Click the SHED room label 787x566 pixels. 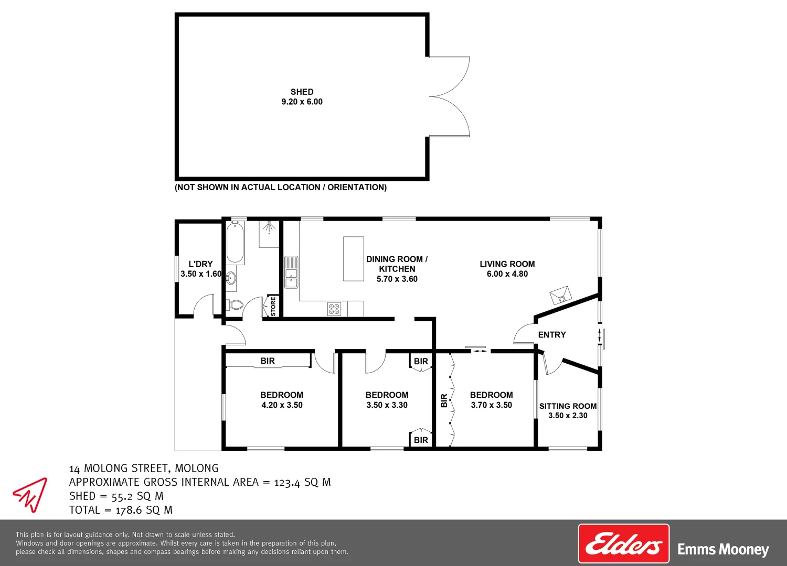pyautogui.click(x=302, y=92)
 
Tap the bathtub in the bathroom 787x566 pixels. pyautogui.click(x=235, y=243)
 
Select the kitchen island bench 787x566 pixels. pyautogui.click(x=354, y=259)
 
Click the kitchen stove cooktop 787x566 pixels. pyautogui.click(x=334, y=309)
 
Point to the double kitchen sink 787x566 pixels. pyautogui.click(x=291, y=272)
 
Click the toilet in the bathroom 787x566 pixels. pyautogui.click(x=235, y=305)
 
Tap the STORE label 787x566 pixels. pyautogui.click(x=273, y=307)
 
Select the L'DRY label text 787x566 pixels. pyautogui.click(x=200, y=264)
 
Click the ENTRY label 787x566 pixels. pyautogui.click(x=552, y=335)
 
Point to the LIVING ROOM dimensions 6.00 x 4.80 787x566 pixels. pyautogui.click(x=507, y=274)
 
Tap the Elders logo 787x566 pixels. pyautogui.click(x=623, y=543)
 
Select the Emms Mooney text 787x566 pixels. pyautogui.click(x=723, y=549)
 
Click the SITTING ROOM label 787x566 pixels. pyautogui.click(x=568, y=406)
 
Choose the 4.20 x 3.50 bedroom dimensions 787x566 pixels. pyautogui.click(x=282, y=405)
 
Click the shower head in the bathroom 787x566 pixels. pyautogui.click(x=270, y=226)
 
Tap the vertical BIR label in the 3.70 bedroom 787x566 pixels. pyautogui.click(x=444, y=401)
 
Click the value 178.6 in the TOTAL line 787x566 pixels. pyautogui.click(x=129, y=510)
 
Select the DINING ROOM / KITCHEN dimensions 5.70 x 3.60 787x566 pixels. pyautogui.click(x=397, y=279)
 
